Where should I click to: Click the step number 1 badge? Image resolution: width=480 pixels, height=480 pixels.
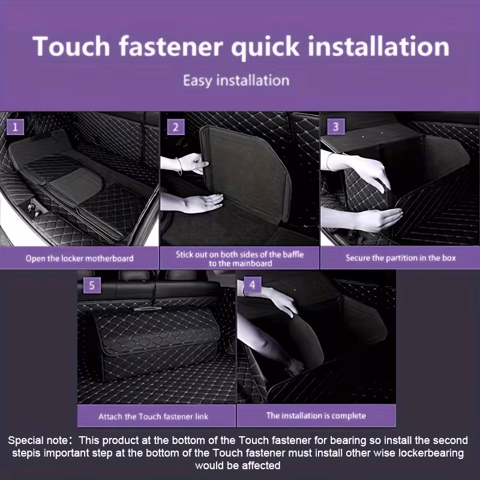(x=15, y=127)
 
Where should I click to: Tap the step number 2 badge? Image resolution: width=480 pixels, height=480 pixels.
(x=176, y=127)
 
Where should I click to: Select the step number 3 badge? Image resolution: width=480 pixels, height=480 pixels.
(x=336, y=127)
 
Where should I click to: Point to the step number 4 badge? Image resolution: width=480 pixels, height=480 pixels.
(x=252, y=284)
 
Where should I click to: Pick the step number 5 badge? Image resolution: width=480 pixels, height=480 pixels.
(x=92, y=286)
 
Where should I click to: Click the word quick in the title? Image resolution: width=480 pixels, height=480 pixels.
(x=265, y=47)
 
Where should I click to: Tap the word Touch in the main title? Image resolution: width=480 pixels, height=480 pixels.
(x=71, y=46)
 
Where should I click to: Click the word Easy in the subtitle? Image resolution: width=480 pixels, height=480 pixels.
(x=197, y=81)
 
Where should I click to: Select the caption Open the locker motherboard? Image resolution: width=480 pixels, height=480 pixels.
(x=80, y=259)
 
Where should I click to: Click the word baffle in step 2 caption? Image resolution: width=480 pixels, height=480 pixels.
(x=293, y=254)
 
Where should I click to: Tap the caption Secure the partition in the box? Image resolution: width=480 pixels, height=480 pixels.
(x=401, y=258)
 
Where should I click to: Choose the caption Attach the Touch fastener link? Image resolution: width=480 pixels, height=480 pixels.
(x=154, y=416)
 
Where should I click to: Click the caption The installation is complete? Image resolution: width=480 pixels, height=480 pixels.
(x=316, y=416)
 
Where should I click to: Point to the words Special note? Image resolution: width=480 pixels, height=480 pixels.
(x=38, y=440)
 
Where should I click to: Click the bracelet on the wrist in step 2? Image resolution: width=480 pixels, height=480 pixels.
(x=179, y=166)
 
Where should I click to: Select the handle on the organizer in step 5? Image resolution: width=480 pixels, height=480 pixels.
(x=148, y=309)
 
